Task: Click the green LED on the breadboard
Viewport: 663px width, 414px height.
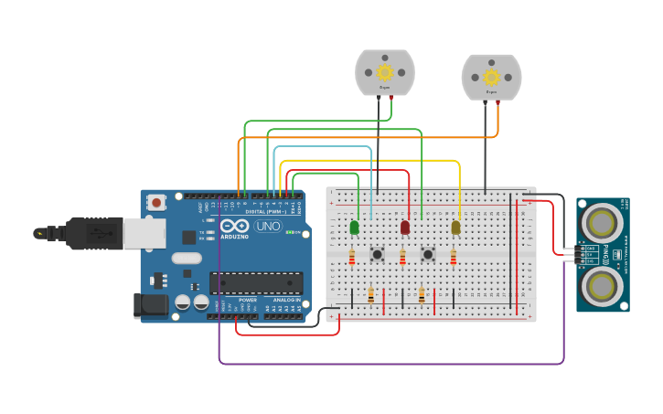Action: coord(354,227)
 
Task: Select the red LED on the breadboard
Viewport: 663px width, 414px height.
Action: coord(405,227)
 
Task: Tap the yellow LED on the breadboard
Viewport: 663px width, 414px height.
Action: coord(455,227)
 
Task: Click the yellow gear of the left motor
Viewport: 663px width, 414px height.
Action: coord(385,71)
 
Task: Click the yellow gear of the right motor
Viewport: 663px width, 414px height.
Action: coord(491,77)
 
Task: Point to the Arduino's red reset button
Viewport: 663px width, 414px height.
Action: coord(156,202)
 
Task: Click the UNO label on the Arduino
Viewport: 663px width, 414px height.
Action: coord(268,226)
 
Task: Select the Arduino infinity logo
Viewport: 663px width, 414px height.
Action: coord(234,226)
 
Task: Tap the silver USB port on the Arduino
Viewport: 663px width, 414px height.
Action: coord(142,234)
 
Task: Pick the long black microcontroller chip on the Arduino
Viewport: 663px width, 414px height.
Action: coord(256,283)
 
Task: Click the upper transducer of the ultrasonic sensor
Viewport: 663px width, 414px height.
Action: coord(602,222)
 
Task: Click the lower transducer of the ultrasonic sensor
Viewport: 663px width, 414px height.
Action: coord(602,285)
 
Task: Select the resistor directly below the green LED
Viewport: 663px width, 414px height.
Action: coord(352,259)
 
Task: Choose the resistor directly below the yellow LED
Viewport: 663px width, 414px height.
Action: coord(453,259)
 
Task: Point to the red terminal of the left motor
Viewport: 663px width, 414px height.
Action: coord(391,97)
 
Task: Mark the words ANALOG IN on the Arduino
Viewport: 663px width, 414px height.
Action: coord(284,300)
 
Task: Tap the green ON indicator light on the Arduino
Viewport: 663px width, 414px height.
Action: coord(290,232)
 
